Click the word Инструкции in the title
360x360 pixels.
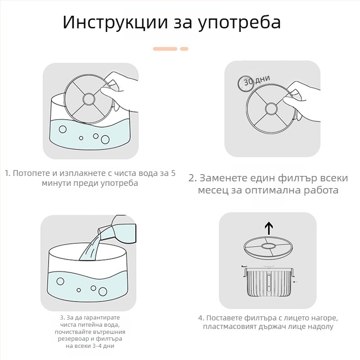(x=115, y=22)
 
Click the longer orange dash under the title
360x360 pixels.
(x=165, y=49)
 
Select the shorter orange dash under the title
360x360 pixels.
(x=184, y=49)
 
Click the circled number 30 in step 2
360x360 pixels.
(x=246, y=83)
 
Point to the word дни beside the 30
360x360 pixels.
(x=262, y=79)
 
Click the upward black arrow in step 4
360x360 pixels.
(x=269, y=228)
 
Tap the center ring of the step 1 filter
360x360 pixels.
(x=89, y=99)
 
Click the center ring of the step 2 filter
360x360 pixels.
(x=271, y=108)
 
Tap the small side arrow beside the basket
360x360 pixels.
(x=296, y=282)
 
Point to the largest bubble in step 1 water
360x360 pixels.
(x=105, y=139)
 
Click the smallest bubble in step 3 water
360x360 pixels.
(x=79, y=290)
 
